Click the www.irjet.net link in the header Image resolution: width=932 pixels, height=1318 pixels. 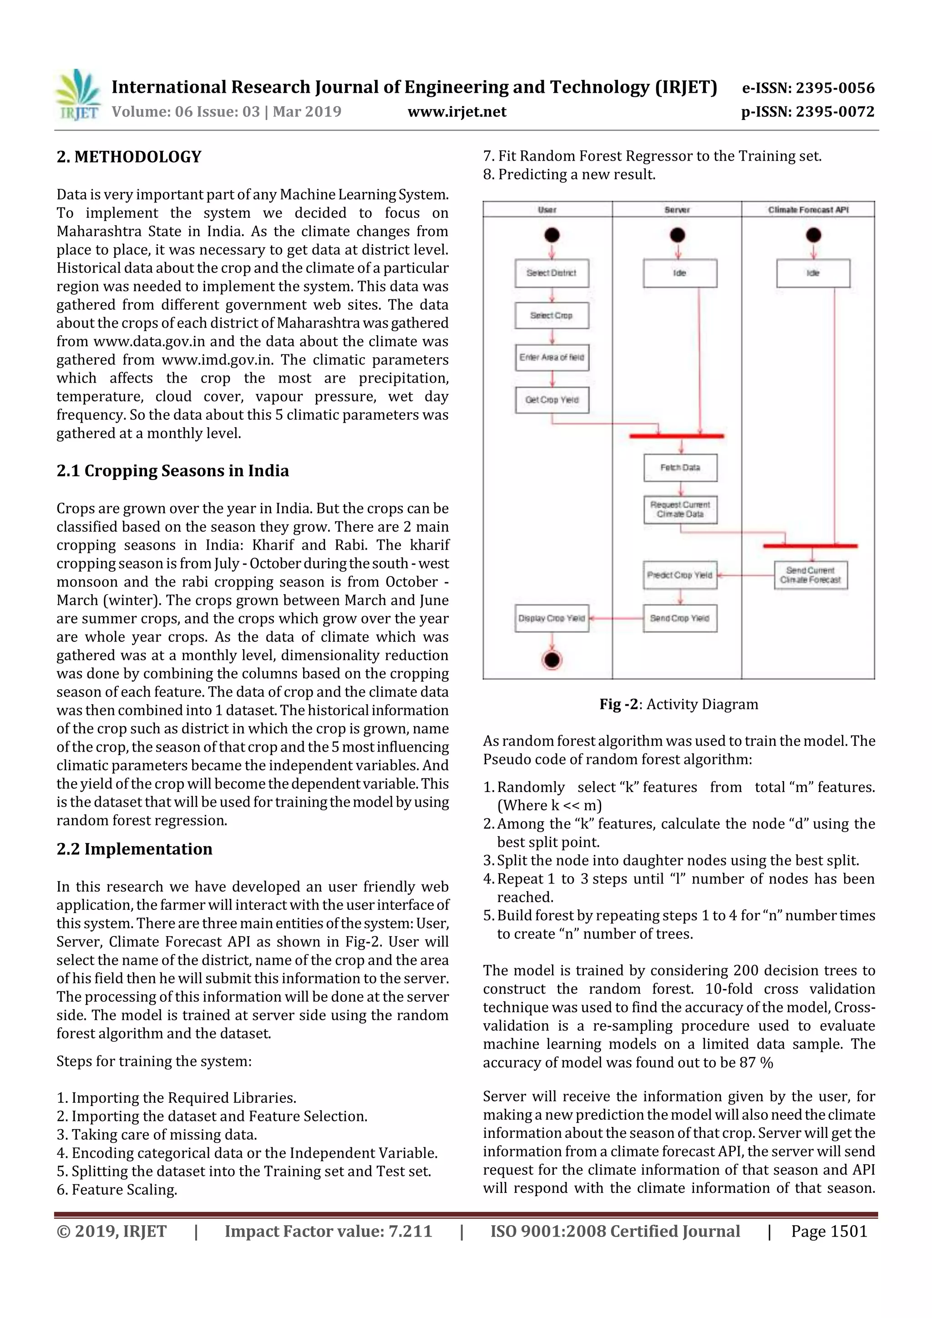point(456,111)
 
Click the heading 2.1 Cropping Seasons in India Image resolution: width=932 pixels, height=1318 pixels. point(172,471)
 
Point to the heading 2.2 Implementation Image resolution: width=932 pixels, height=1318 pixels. point(134,849)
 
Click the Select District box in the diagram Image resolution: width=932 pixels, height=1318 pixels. point(551,273)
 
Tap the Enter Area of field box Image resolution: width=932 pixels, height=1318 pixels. point(551,358)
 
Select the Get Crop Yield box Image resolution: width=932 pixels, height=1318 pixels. point(551,400)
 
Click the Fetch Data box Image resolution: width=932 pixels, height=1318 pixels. point(680,468)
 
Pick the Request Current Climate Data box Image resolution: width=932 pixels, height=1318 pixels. point(680,510)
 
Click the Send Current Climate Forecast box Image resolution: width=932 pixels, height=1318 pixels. point(810,575)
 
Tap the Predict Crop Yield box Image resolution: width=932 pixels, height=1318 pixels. point(680,575)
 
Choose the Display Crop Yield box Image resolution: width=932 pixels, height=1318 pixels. point(551,618)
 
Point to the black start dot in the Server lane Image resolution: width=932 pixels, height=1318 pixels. point(678,235)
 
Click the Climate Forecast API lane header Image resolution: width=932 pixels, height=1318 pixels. point(808,210)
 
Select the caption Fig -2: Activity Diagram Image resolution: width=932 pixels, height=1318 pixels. point(679,704)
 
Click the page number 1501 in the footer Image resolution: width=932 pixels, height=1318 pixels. point(829,1231)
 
